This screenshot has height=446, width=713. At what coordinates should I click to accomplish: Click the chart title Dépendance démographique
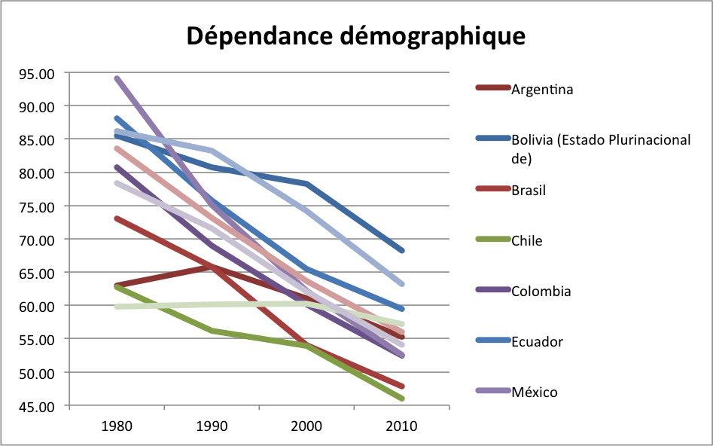(355, 35)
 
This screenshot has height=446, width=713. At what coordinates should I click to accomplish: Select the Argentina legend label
(542, 90)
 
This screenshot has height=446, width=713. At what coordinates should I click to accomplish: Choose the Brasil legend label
(529, 191)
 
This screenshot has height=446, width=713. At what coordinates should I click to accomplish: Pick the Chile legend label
(527, 241)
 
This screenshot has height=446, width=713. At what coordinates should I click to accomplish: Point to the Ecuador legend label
(537, 342)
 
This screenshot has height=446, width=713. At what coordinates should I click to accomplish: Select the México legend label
(535, 392)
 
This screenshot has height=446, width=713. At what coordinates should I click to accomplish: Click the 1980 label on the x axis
(116, 426)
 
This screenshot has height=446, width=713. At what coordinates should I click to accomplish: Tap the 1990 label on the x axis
(211, 426)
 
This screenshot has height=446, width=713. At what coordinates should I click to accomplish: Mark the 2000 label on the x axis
(306, 426)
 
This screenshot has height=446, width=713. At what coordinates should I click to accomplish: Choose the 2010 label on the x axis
(402, 426)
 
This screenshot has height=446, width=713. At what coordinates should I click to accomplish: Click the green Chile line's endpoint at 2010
(402, 399)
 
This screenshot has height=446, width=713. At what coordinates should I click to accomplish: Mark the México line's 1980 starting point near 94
(117, 78)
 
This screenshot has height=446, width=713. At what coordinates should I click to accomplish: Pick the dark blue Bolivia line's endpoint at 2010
(402, 250)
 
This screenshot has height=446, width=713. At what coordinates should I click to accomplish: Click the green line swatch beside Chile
(492, 241)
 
